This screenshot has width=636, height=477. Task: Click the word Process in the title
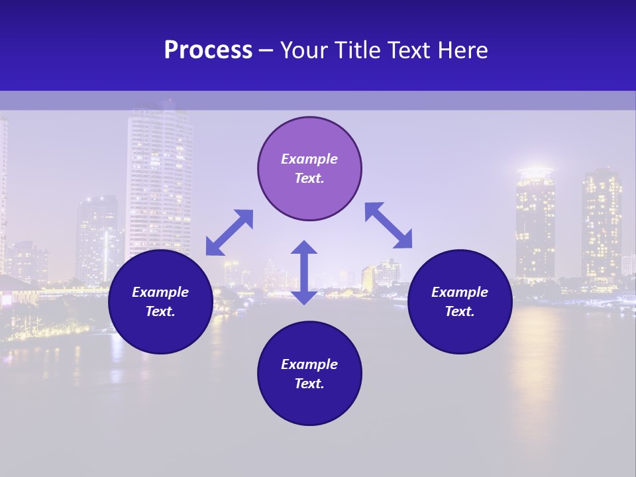click(208, 50)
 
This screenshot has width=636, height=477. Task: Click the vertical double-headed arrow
click(304, 272)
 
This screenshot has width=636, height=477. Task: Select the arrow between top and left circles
click(229, 233)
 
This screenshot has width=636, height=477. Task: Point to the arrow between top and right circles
click(388, 225)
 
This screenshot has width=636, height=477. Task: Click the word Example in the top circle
click(309, 159)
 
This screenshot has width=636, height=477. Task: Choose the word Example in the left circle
click(160, 292)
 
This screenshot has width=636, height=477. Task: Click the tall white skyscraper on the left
click(159, 179)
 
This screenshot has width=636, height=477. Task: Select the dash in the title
click(266, 50)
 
